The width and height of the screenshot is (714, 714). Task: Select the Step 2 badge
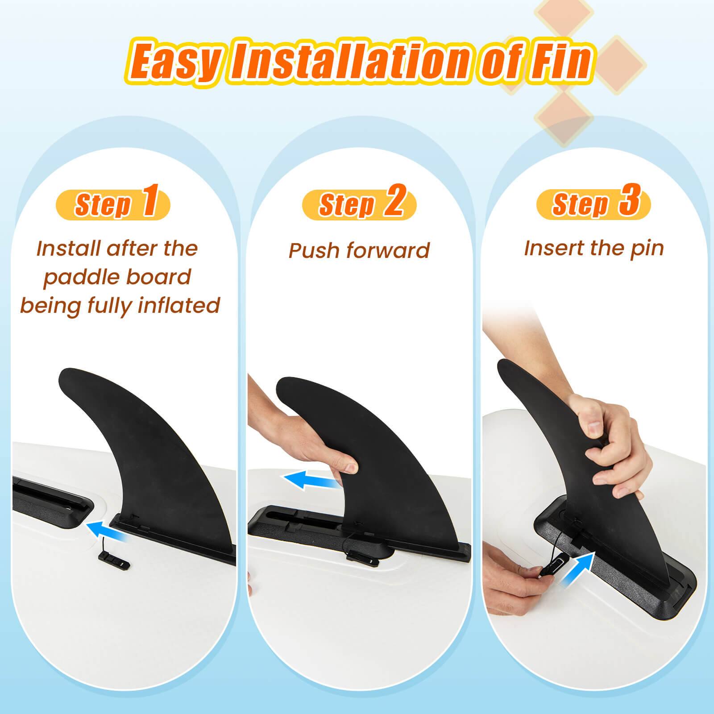coord(359,203)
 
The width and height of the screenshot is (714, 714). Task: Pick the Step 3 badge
coord(594,203)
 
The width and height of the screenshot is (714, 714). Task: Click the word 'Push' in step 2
coord(315,251)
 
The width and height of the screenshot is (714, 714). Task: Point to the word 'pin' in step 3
coord(647,249)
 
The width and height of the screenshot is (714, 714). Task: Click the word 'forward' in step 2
coord(388,251)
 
